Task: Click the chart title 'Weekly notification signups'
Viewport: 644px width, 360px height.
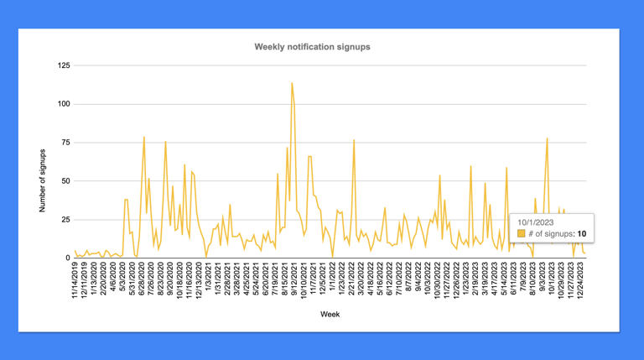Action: pos(312,47)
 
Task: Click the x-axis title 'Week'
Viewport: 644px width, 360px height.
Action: pos(329,315)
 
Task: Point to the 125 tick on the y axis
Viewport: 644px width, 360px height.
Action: pos(63,65)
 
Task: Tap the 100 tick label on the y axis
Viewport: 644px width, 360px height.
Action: pos(63,104)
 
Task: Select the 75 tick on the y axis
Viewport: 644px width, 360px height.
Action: pos(65,143)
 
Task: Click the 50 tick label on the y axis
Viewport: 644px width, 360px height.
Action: pos(65,181)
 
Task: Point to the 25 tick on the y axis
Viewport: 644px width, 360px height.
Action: pos(65,220)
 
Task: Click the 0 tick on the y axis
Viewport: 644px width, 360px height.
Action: pos(67,258)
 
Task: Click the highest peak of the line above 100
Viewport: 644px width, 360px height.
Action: pos(292,82)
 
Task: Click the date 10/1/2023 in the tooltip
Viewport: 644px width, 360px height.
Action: pos(534,221)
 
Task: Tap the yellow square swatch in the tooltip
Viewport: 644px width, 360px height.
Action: pos(522,233)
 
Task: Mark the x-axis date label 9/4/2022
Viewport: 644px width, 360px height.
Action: pos(418,280)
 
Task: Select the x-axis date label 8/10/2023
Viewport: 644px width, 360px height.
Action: pos(534,280)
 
